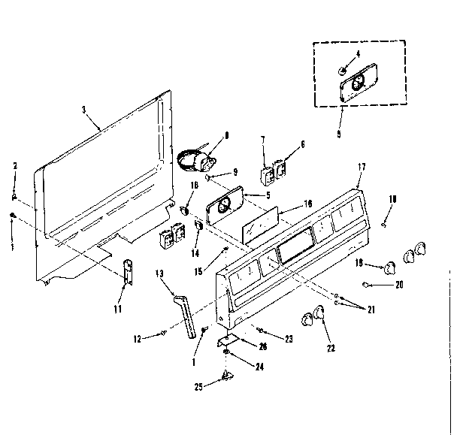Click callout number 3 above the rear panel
(x=82, y=109)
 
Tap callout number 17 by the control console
(x=362, y=168)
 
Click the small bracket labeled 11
(x=127, y=270)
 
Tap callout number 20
(x=399, y=285)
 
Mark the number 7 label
(x=263, y=139)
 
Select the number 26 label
(x=263, y=346)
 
